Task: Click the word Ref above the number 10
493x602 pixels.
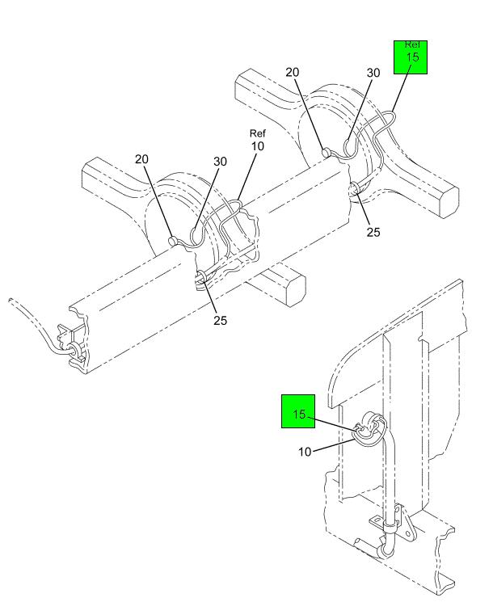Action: pyautogui.click(x=258, y=133)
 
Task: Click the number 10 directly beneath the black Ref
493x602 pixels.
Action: pyautogui.click(x=258, y=146)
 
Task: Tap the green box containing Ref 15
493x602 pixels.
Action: pyautogui.click(x=411, y=57)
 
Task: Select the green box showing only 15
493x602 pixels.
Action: pyautogui.click(x=298, y=415)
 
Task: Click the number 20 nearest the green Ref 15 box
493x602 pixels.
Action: pyautogui.click(x=293, y=73)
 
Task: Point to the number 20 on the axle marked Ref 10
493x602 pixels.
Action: pyautogui.click(x=142, y=159)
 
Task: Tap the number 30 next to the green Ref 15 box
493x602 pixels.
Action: pyautogui.click(x=373, y=73)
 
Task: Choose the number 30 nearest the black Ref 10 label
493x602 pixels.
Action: pyautogui.click(x=221, y=162)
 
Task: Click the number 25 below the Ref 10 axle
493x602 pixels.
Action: pyautogui.click(x=220, y=320)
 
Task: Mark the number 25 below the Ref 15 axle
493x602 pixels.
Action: pyautogui.click(x=372, y=233)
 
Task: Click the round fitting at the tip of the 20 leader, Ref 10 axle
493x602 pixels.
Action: pyautogui.click(x=171, y=240)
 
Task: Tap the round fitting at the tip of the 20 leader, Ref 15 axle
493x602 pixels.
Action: pyautogui.click(x=325, y=152)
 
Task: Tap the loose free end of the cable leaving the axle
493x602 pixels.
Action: pyautogui.click(x=10, y=301)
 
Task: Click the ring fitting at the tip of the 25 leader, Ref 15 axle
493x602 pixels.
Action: pyautogui.click(x=355, y=189)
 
